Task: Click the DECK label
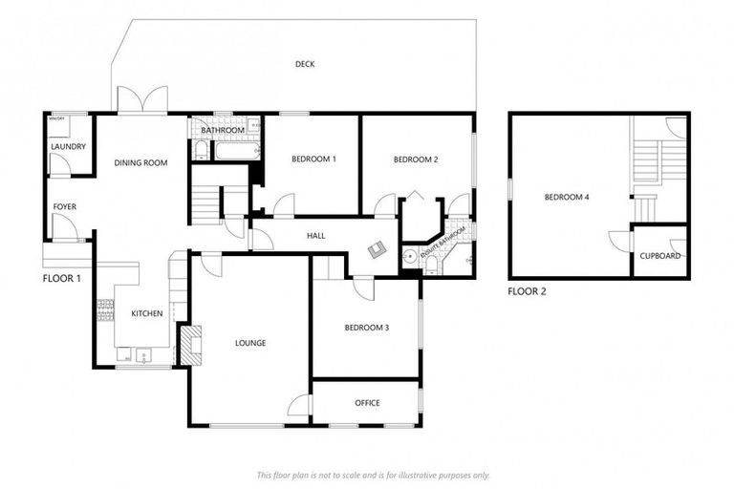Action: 305,64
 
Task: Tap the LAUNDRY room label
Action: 69,147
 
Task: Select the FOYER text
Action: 64,206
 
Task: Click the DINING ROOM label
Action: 140,163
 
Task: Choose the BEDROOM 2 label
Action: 416,159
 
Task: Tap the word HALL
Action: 316,235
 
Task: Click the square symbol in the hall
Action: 378,248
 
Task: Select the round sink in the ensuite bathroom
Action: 410,255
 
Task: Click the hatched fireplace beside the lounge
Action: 191,345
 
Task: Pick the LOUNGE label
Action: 250,343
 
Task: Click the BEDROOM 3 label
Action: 367,329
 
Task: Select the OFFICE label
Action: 367,403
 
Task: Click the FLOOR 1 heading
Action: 63,279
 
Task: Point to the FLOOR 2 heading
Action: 527,291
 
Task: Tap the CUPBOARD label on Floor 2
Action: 660,256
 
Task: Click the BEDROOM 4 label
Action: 567,198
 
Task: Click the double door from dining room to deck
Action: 142,100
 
